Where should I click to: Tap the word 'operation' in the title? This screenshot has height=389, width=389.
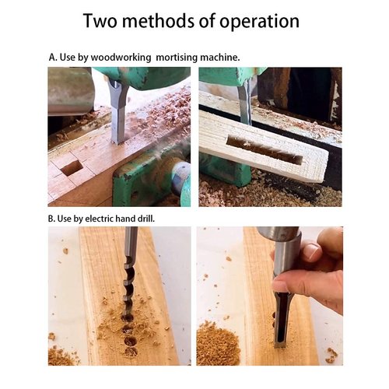click(256, 21)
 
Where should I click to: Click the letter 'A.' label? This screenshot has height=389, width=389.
click(53, 58)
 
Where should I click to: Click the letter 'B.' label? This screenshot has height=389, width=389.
click(53, 219)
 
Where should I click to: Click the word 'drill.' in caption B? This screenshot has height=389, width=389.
click(144, 219)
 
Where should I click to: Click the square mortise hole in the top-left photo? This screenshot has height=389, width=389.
click(72, 166)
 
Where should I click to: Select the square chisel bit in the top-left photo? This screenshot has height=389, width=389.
click(117, 117)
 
